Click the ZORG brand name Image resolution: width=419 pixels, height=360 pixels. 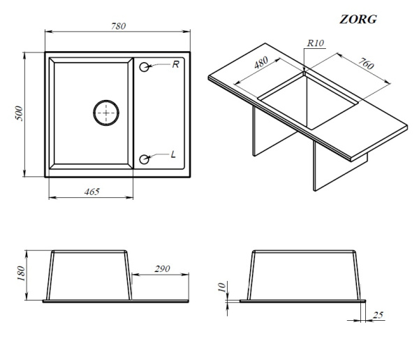point(358,20)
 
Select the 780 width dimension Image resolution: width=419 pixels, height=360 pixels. point(119,26)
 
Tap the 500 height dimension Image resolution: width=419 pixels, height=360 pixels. point(20,113)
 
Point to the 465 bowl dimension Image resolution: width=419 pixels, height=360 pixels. point(92,192)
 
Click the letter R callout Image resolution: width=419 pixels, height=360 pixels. point(175,64)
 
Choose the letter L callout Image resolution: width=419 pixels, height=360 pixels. point(173,154)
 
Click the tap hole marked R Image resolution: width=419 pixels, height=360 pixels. point(145,67)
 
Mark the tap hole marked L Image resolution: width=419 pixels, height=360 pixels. point(145,159)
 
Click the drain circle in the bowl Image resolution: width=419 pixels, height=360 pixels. point(106,113)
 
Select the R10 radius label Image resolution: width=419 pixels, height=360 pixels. point(316,43)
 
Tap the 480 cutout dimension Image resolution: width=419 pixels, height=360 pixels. point(260,63)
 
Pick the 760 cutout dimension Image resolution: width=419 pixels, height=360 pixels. point(366,64)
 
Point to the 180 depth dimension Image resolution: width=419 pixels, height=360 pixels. point(21,273)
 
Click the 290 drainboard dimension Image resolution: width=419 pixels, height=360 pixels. point(162,268)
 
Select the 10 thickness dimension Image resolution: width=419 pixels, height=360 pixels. point(222,287)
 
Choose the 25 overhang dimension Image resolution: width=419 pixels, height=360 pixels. point(378,315)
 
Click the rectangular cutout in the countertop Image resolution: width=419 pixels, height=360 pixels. point(308,101)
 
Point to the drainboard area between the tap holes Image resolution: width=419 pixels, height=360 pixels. point(159,113)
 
